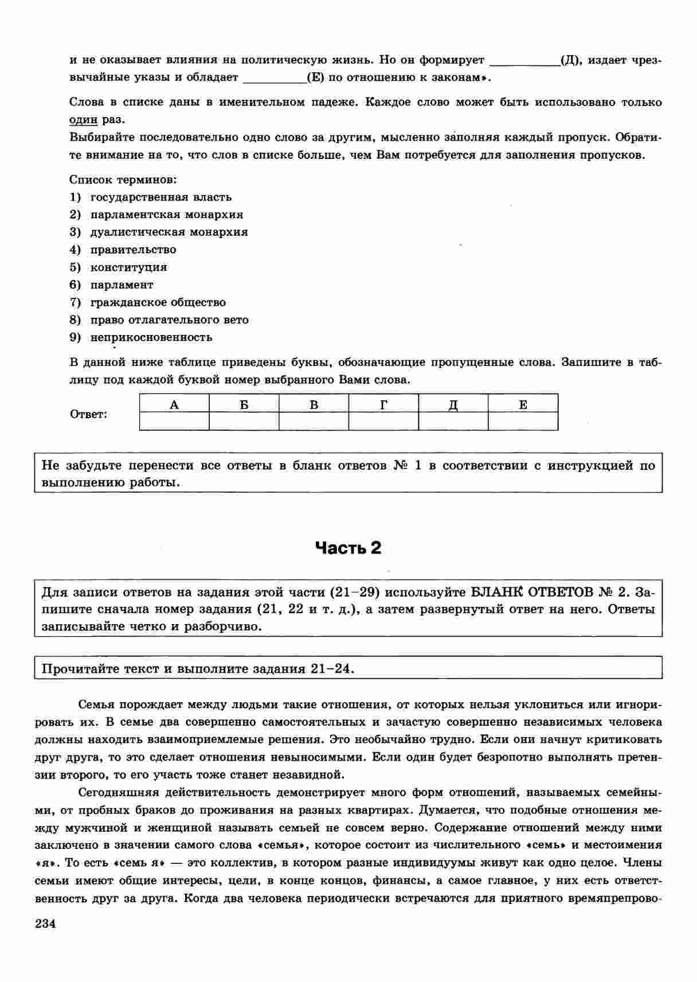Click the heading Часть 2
point(348,548)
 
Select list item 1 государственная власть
point(160,197)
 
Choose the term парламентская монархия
point(166,215)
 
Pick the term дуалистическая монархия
point(169,232)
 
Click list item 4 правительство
point(133,250)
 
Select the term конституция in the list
point(128,267)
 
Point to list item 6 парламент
point(122,285)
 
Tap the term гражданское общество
point(158,302)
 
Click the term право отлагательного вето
point(169,320)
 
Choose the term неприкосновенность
point(151,337)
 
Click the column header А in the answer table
point(174,404)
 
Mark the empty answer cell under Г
point(383,422)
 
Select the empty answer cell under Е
point(523,422)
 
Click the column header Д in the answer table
point(453,404)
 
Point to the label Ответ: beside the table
point(88,414)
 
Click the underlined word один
point(84,120)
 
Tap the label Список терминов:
point(123,180)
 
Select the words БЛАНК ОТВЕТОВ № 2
point(550,592)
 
